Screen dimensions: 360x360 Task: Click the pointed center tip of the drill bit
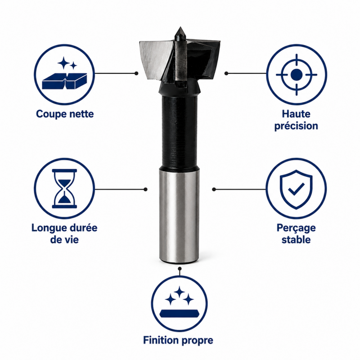pos(180,27)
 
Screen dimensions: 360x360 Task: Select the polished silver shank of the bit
pos(179,215)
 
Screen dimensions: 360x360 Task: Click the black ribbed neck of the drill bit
pos(179,131)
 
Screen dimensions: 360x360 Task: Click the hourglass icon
pos(64,189)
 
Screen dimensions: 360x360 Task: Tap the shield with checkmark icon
pos(296,189)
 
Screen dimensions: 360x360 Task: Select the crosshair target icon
pos(297,75)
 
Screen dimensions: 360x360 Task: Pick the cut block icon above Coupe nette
pos(64,81)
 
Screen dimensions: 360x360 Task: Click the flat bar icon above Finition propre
pos(179,313)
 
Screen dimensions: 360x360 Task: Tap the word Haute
pos(296,114)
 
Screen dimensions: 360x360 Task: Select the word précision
pos(296,126)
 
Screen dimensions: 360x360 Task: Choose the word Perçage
pos(296,228)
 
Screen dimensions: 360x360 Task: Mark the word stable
pos(296,240)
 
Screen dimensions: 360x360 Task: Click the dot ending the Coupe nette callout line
pos(136,73)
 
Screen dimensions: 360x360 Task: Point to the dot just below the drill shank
pos(180,268)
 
